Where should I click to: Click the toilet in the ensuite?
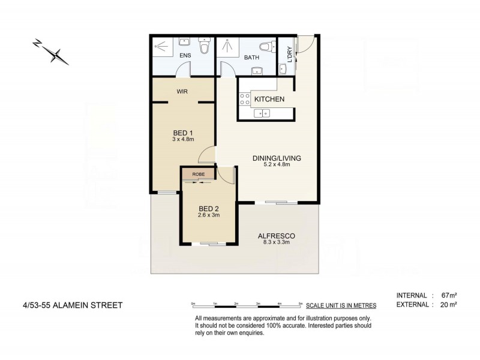tap(204, 46)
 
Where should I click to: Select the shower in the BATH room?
tap(227, 47)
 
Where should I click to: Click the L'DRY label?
tap(289, 55)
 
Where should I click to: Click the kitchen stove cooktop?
tap(245, 98)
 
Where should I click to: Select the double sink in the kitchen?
tap(262, 112)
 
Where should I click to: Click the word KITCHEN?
tap(269, 99)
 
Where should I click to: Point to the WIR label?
tap(183, 92)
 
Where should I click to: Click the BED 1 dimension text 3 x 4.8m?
tap(183, 140)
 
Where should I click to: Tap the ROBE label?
tap(199, 174)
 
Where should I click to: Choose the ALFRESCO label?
tap(276, 235)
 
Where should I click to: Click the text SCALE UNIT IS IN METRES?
tap(341, 305)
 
